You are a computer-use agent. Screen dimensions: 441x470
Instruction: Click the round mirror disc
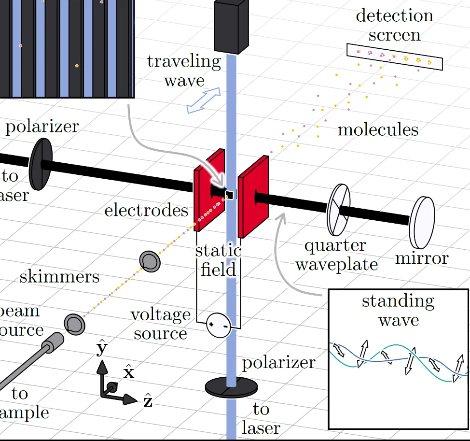(x=422, y=222)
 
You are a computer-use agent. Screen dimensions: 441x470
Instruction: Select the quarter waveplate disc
(x=338, y=210)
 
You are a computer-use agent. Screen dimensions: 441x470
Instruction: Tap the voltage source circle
(x=218, y=325)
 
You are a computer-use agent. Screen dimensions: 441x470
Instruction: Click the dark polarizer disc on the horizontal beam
(x=40, y=164)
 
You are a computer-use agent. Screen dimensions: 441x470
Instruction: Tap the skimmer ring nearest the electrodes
(x=150, y=261)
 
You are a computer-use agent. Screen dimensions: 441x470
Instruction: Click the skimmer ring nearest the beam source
(x=74, y=323)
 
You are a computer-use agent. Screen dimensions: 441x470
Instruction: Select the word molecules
(x=377, y=129)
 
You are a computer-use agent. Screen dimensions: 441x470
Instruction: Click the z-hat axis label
(x=148, y=401)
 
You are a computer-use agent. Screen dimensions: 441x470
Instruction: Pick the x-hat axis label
(x=128, y=372)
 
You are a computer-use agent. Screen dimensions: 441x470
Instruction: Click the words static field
(x=218, y=260)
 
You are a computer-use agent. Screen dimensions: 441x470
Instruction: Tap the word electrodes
(x=146, y=210)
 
